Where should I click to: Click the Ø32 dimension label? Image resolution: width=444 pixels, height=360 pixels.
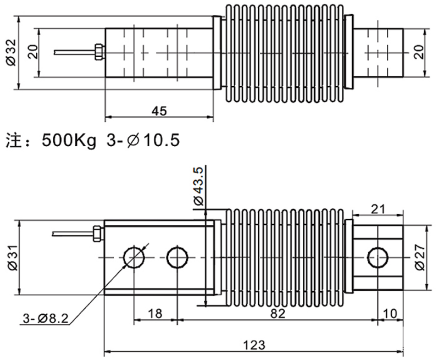(x=12, y=52)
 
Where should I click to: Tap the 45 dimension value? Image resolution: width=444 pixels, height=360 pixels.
(x=160, y=111)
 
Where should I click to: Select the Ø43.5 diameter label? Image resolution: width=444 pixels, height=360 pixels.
(x=198, y=186)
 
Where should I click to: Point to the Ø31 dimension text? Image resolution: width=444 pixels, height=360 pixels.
(x=13, y=258)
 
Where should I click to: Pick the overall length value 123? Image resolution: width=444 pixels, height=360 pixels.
(x=254, y=345)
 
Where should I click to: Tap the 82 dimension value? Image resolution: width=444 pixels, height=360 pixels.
(x=278, y=314)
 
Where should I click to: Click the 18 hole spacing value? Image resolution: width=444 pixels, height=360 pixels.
(x=155, y=314)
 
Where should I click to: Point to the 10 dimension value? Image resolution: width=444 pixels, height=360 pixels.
(x=390, y=314)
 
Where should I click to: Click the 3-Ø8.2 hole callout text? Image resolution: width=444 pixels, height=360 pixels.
(x=46, y=318)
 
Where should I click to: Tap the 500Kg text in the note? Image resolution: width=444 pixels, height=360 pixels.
(x=69, y=140)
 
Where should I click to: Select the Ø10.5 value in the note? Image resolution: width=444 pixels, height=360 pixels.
(x=153, y=140)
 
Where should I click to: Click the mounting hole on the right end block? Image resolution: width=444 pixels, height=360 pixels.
(x=378, y=258)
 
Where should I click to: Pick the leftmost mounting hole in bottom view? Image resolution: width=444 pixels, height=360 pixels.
(x=134, y=258)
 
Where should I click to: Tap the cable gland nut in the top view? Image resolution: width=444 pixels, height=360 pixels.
(x=98, y=52)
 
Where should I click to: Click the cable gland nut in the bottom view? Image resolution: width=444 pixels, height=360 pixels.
(x=96, y=233)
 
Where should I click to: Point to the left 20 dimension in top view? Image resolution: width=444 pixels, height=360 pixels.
(x=33, y=52)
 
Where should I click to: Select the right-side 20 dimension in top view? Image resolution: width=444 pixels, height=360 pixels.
(x=419, y=52)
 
